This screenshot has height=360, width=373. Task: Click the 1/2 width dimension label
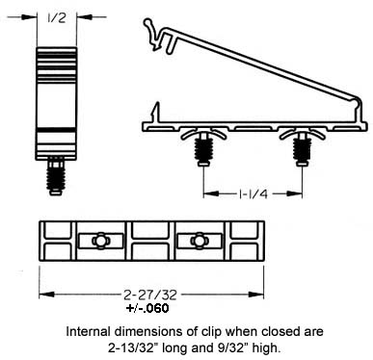pyautogui.click(x=57, y=17)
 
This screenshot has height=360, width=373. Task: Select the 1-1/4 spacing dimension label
pyautogui.click(x=253, y=193)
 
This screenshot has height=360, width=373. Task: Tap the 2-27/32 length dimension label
pyautogui.click(x=150, y=295)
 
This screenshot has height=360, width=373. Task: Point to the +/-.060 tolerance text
pyautogui.click(x=147, y=308)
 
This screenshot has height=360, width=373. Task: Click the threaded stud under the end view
pyautogui.click(x=56, y=176)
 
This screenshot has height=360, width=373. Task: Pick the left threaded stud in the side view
pyautogui.click(x=203, y=150)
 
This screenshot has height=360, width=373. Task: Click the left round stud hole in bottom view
pyautogui.click(x=100, y=241)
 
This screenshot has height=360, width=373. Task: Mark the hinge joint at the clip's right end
pyautogui.click(x=358, y=104)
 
